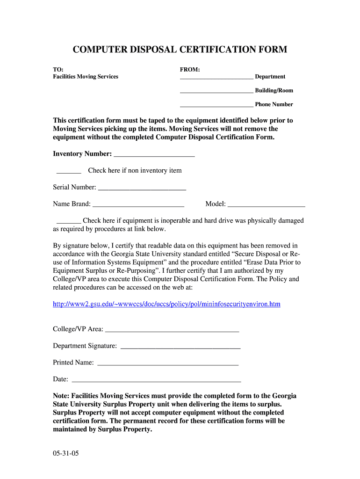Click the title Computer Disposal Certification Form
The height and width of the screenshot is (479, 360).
(180, 50)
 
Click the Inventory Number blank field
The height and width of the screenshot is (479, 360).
(154, 155)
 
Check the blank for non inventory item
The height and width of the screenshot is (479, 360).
(69, 172)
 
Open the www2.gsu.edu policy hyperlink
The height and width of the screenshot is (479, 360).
(166, 304)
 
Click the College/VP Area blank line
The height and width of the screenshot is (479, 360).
(172, 330)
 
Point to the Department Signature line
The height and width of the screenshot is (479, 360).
(180, 347)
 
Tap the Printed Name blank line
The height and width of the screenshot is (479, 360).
(167, 363)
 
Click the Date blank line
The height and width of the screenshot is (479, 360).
(156, 380)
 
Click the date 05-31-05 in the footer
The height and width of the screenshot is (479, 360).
(66, 453)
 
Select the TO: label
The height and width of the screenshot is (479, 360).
(58, 70)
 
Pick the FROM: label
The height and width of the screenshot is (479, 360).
(190, 70)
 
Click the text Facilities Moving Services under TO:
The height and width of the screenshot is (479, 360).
(86, 77)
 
